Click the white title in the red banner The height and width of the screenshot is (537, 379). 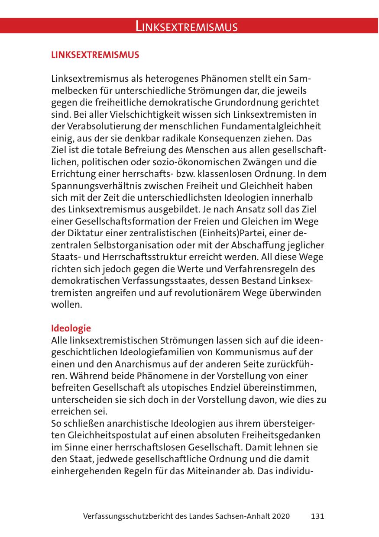[187, 27]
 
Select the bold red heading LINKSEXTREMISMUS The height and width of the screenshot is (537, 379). [95, 55]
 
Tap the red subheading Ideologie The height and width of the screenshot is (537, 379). [71, 328]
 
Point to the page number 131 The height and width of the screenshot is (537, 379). [317, 516]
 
